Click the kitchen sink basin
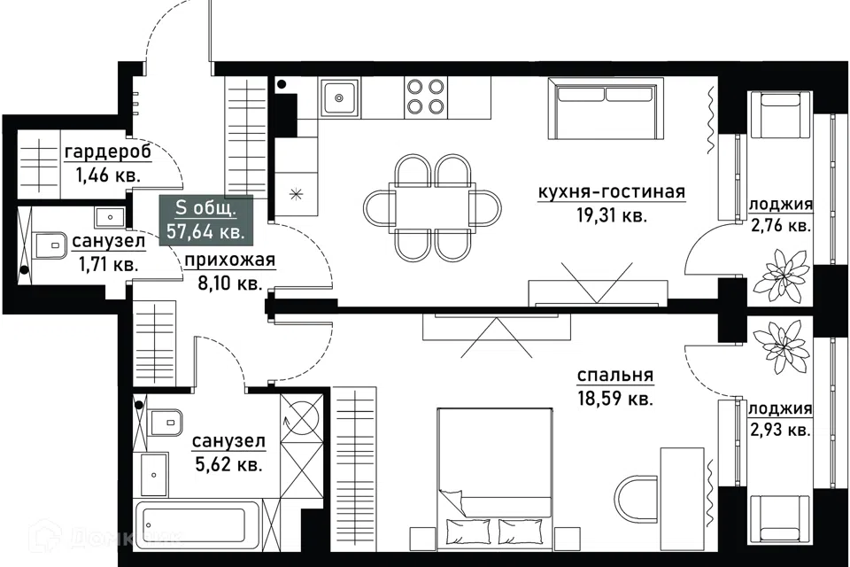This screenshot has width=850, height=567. coord(339,97)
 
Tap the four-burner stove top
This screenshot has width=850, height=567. coord(425,97)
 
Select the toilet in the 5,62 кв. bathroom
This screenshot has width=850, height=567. coord(166,421)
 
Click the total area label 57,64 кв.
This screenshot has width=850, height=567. coord(205,232)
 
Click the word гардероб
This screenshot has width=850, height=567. coord(108,152)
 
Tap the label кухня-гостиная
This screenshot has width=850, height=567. coord(612,192)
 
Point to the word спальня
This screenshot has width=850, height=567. coord(614,376)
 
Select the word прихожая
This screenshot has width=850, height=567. coord(230,260)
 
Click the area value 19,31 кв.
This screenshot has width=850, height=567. coord(612,216)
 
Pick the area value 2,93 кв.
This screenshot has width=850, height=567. coord(779,431)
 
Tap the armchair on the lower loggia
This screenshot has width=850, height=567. coord(780,519)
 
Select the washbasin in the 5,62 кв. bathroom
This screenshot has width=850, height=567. coord(154,474)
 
